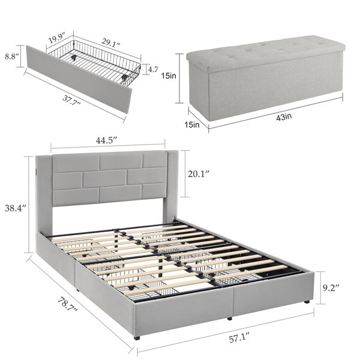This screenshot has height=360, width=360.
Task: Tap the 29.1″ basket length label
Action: coord(111,43)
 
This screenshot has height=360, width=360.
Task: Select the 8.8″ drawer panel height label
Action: coord(11,56)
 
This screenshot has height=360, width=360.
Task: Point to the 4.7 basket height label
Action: coord(152,69)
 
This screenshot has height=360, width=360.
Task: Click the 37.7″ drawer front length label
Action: coord(71,100)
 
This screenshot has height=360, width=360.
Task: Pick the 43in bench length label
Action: coord(284,117)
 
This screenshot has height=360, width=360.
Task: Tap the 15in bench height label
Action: coord(169,76)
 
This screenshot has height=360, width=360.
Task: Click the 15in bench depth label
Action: coord(192,125)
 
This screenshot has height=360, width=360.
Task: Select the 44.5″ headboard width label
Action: coord(106,140)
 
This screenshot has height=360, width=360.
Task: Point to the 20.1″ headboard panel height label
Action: coord(199,174)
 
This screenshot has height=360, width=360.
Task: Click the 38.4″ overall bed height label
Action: coord(16,208)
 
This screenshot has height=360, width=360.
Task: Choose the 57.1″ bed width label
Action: coord(239,339)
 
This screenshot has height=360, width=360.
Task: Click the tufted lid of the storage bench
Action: coord(266,52)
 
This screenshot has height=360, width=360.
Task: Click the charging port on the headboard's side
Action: coord(37,171)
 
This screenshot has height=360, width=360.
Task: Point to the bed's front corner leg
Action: coord(137,338)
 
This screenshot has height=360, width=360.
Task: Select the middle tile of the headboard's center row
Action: coord(104,179)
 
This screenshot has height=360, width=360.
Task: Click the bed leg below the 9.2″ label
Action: coord(307,302)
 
